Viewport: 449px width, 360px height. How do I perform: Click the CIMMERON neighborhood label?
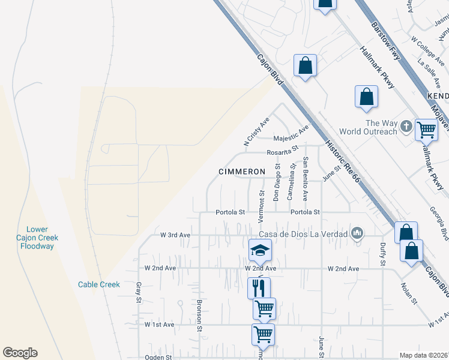(241, 172)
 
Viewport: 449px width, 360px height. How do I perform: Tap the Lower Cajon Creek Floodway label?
(40, 238)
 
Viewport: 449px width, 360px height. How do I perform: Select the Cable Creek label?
(99, 284)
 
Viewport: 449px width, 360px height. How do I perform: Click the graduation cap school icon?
(261, 250)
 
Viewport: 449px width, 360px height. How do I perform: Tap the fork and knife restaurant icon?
(259, 287)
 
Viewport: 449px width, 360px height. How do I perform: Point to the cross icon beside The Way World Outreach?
(406, 127)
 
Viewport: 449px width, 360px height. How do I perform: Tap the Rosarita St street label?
(283, 151)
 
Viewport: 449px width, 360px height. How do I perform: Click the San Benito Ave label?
(305, 178)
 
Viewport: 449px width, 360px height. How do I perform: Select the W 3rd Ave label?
(175, 235)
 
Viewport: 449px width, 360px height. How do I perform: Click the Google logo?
(20, 353)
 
